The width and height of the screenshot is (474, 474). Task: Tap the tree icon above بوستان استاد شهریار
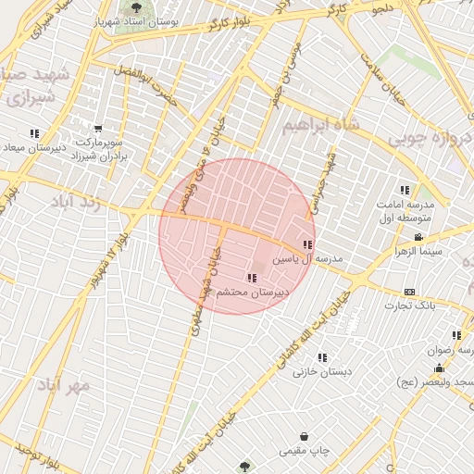click(x=136, y=8)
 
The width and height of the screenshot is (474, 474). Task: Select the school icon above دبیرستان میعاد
click(x=34, y=133)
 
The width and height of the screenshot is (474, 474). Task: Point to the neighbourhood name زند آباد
click(x=73, y=202)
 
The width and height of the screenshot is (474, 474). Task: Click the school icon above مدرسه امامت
click(x=404, y=189)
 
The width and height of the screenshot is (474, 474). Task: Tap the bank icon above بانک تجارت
click(x=410, y=292)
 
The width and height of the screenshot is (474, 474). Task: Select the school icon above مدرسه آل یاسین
click(x=307, y=245)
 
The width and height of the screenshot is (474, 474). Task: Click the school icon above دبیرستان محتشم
click(x=252, y=278)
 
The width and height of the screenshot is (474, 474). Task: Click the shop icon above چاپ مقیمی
click(x=304, y=437)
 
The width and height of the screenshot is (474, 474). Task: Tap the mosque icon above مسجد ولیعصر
click(x=438, y=368)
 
